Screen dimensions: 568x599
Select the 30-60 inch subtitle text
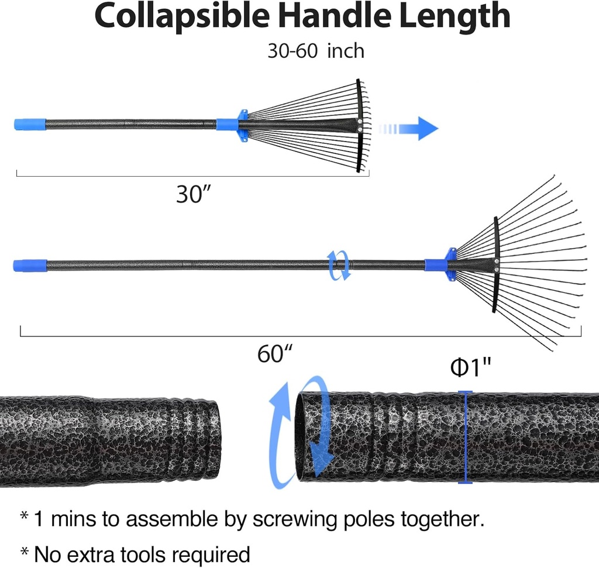[316, 51]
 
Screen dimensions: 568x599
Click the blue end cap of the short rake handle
[30, 124]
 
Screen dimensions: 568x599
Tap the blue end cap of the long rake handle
[30, 265]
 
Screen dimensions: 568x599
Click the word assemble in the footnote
[171, 519]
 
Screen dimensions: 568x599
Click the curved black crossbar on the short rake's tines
[359, 125]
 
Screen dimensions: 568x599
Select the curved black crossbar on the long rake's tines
[496, 264]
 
